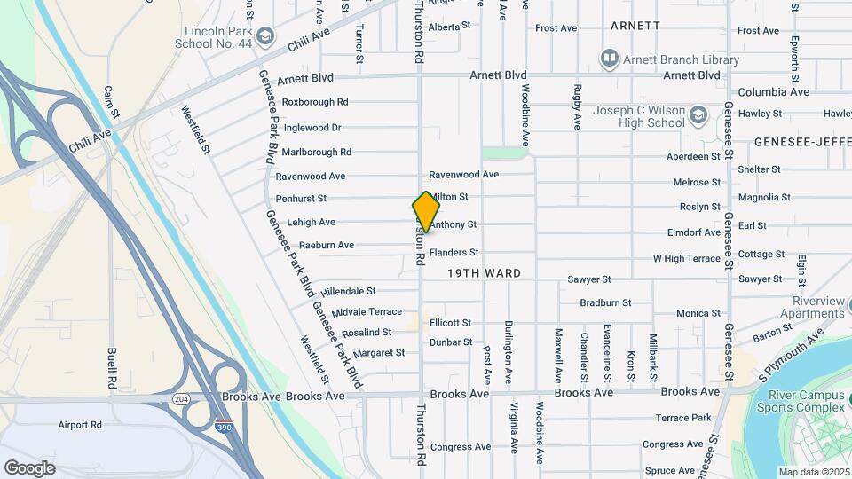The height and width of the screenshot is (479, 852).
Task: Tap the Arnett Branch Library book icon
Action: [609, 59]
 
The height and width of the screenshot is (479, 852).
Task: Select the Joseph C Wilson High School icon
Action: [698, 115]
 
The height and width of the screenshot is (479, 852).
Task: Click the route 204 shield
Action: [181, 399]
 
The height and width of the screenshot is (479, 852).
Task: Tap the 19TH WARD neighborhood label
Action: [484, 273]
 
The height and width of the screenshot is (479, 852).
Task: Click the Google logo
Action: [30, 467]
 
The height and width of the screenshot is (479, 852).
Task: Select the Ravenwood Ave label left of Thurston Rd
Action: [311, 176]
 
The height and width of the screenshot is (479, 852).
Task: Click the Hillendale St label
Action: [349, 291]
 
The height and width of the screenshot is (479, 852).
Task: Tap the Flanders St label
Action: [454, 253]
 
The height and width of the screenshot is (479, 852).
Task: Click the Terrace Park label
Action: [683, 418]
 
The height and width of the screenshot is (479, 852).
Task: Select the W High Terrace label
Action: [687, 258]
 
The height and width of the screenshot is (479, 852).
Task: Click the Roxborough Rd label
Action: [315, 102]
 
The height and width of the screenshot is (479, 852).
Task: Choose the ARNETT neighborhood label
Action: [635, 26]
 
